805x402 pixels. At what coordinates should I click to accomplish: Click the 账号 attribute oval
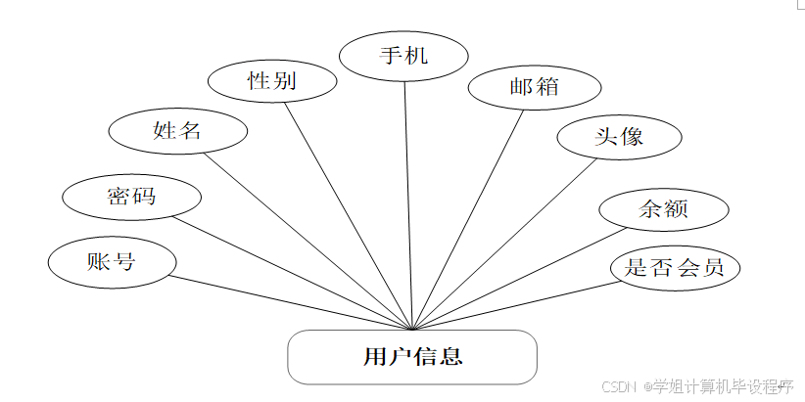click(112, 262)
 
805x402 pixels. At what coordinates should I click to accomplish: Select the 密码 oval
click(131, 197)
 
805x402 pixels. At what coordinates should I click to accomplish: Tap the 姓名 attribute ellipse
click(177, 130)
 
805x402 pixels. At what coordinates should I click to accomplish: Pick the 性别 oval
click(272, 81)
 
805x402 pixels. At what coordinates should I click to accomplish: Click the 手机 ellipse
click(403, 55)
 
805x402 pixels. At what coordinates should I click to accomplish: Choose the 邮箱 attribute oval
click(534, 87)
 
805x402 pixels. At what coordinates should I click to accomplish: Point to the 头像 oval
click(619, 137)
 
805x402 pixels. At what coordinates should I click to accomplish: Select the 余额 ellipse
click(664, 208)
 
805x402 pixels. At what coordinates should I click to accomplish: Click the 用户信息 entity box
click(412, 357)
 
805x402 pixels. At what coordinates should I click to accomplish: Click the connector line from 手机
click(409, 205)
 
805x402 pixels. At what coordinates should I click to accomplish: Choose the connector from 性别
click(351, 215)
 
